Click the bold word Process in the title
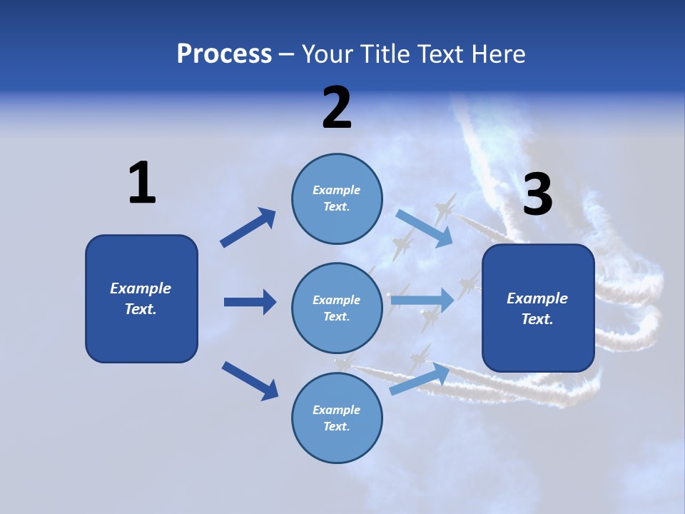click(224, 54)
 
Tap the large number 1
click(141, 183)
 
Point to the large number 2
click(337, 108)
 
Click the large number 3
click(537, 195)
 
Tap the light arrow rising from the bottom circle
click(420, 379)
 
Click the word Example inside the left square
click(141, 288)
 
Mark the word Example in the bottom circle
click(336, 410)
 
